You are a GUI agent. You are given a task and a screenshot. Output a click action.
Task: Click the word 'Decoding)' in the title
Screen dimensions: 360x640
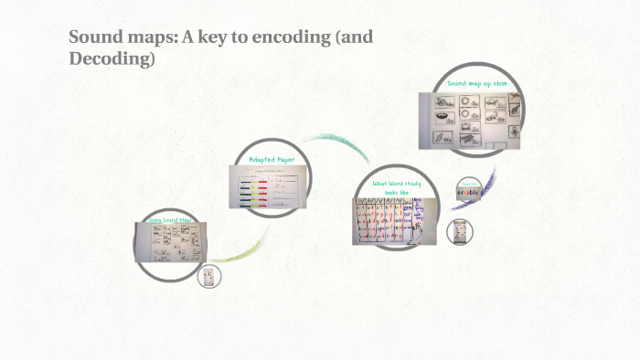(112, 60)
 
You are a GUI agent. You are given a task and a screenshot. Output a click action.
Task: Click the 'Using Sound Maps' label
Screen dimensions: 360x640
(170, 221)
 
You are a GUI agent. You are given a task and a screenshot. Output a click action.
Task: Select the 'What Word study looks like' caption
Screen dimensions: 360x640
(395, 188)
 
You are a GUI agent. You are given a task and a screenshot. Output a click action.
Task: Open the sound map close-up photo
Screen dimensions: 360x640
(469, 119)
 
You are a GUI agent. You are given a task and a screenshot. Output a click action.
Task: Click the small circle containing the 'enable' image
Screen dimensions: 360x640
(468, 193)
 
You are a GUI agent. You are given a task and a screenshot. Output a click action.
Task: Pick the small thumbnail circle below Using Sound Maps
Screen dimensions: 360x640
(209, 277)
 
